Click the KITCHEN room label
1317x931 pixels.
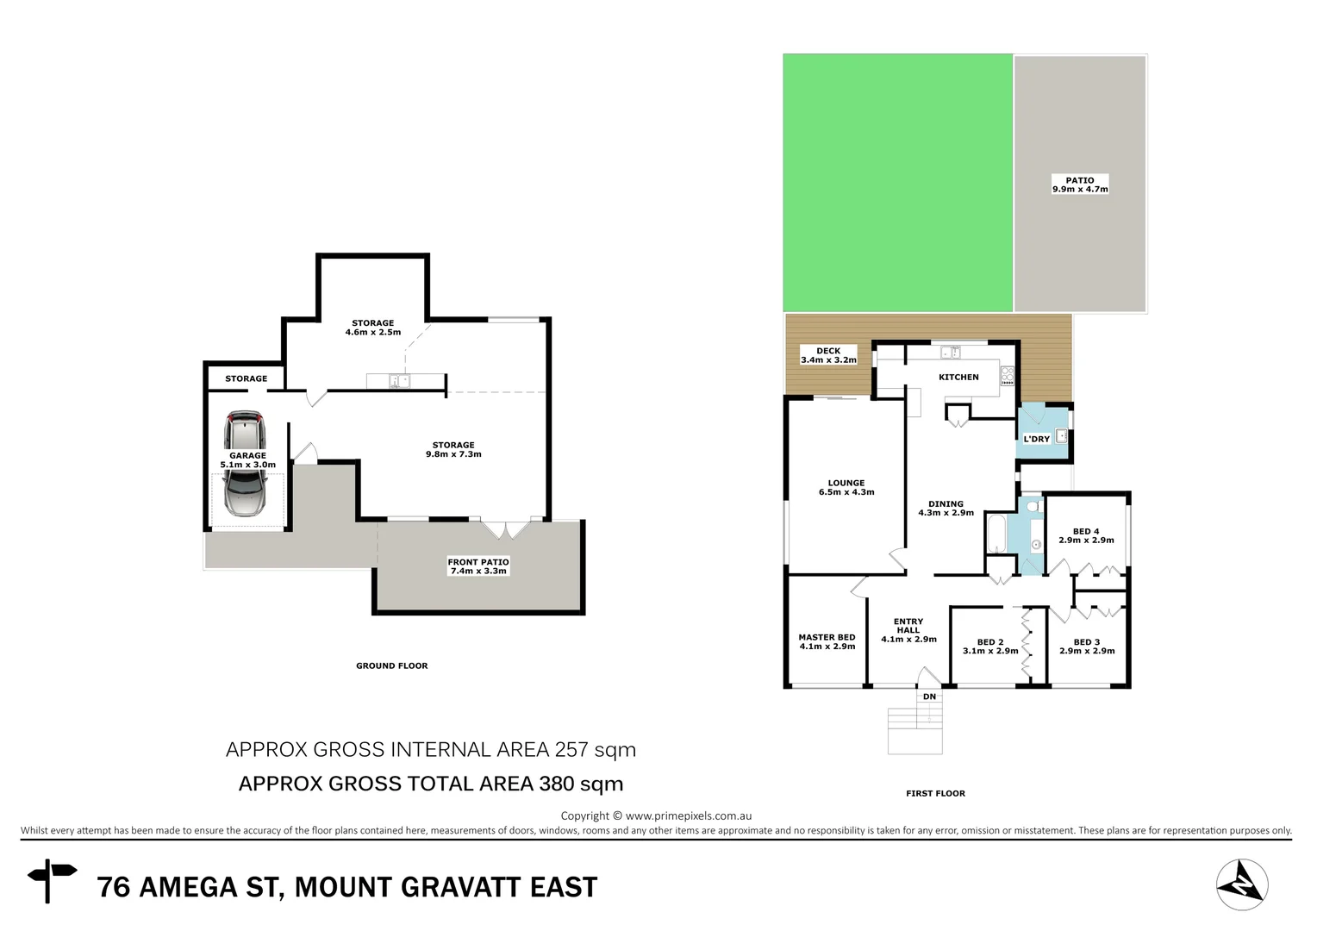point(958,377)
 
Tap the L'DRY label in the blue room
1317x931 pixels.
point(1036,439)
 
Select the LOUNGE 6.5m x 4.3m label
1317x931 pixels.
point(846,488)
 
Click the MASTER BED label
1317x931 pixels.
point(827,641)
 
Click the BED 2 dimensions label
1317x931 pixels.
point(989,651)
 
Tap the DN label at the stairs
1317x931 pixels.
point(929,697)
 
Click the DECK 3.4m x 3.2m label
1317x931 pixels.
point(828,355)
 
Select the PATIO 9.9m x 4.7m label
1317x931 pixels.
point(1080,184)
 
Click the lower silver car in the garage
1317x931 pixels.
point(244,493)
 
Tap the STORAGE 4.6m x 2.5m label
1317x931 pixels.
point(372,328)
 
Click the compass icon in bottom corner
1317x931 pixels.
point(1242,884)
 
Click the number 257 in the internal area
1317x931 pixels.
point(571,749)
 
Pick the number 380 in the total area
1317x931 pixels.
point(557,784)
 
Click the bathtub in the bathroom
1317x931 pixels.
point(996,534)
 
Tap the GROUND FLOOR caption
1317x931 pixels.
point(391,665)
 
